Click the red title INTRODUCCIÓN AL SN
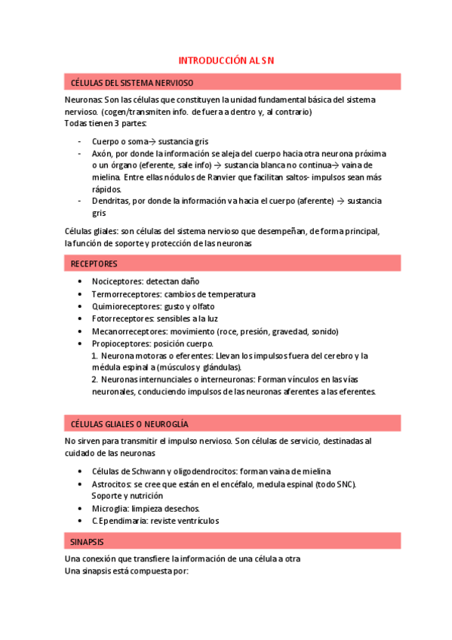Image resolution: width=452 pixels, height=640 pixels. pyautogui.click(x=226, y=60)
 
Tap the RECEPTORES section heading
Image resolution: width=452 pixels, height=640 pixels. pyautogui.click(x=94, y=263)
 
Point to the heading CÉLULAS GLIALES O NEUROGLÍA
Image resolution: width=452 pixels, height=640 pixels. pyautogui.click(x=129, y=423)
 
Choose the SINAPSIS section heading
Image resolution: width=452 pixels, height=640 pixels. pyautogui.click(x=88, y=542)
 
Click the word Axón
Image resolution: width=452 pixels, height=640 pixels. pyautogui.click(x=102, y=152)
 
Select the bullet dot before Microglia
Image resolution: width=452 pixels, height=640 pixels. pyautogui.click(x=81, y=509)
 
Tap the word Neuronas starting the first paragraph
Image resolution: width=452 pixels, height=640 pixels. pyautogui.click(x=84, y=100)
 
